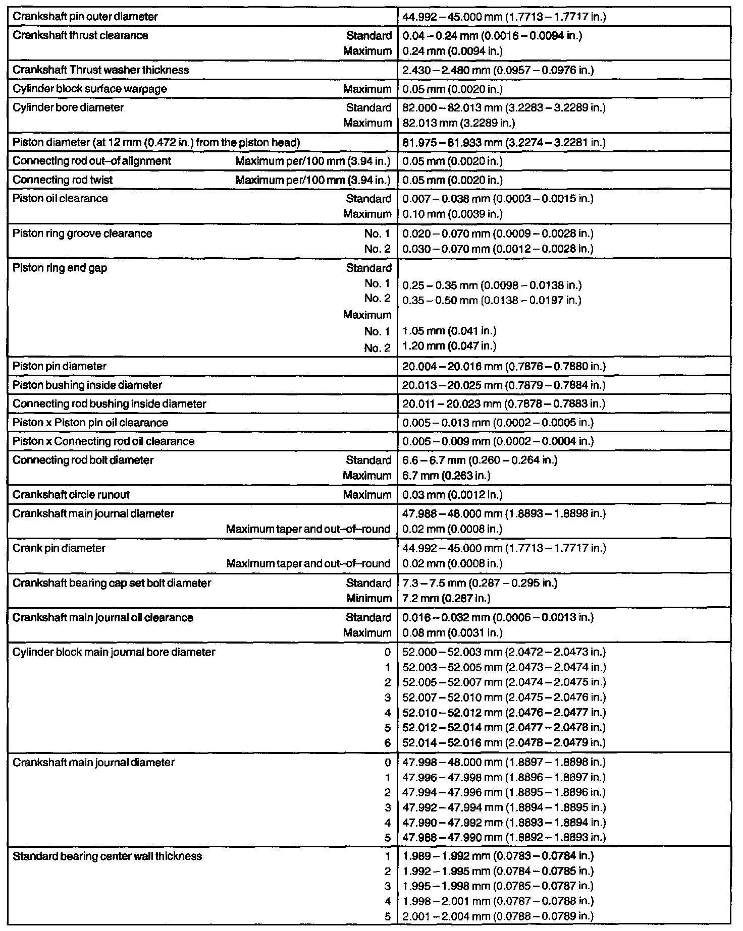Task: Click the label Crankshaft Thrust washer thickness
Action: pos(101,70)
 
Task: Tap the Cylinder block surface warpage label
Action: pos(90,89)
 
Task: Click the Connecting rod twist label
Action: pos(63,180)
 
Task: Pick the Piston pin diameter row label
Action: pos(60,366)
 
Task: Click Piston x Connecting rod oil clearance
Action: pos(103,441)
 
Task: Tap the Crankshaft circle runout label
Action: pos(71,495)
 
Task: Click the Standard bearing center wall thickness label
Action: pos(107,856)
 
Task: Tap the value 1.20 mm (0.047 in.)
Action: pos(449,346)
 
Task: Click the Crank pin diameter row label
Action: pos(59,548)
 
